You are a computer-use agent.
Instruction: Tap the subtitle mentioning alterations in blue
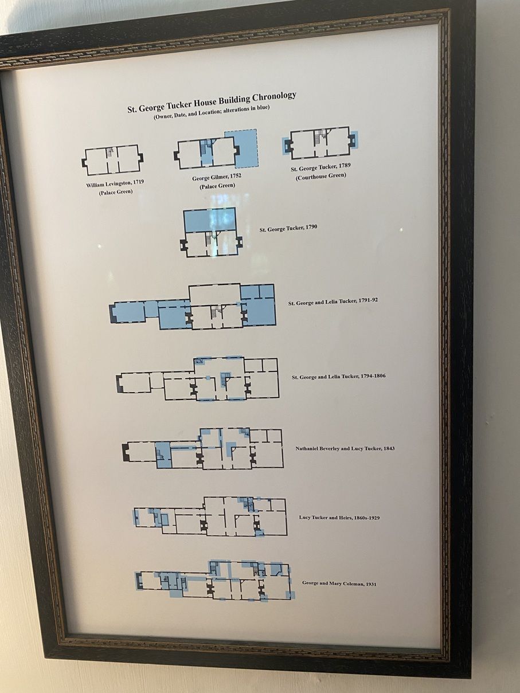click(x=212, y=112)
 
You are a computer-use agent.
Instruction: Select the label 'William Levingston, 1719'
click(x=115, y=184)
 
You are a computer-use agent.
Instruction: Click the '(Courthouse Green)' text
click(x=320, y=176)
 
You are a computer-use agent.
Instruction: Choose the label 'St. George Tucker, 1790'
click(x=288, y=228)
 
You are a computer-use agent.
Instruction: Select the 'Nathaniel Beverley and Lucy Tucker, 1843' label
click(x=345, y=448)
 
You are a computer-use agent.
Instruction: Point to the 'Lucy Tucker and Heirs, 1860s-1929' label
click(x=339, y=518)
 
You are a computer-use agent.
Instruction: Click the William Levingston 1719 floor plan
click(x=113, y=160)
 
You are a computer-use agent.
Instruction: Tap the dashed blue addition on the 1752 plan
click(x=247, y=148)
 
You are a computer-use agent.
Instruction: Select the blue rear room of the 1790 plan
click(x=210, y=220)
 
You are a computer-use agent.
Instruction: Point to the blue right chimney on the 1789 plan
click(x=353, y=139)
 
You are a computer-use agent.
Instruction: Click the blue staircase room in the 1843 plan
click(x=163, y=455)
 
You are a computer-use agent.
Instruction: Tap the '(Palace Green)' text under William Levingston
click(x=116, y=192)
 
